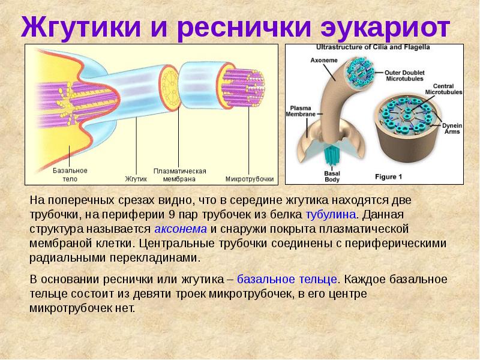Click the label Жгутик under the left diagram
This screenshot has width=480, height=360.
136,178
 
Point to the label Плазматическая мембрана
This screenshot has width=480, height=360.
179,175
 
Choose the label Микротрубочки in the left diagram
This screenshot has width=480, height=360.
250,178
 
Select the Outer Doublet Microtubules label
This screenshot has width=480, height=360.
407,75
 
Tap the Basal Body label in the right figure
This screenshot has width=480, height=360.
332,176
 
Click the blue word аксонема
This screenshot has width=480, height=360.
181,229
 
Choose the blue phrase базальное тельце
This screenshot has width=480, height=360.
287,279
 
